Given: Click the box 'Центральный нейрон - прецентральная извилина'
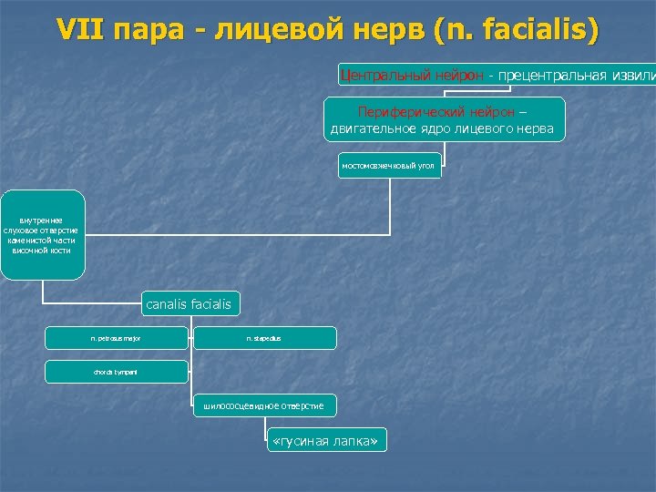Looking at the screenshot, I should (497, 75).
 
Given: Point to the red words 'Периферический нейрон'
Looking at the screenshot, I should (443, 112).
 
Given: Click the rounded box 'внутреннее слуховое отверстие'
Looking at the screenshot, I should (42, 234).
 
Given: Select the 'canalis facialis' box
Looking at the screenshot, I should (189, 304).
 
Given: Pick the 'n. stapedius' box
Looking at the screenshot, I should (264, 338).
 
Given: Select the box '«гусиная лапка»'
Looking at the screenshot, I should (326, 441).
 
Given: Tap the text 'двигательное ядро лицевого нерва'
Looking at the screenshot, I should (443, 129).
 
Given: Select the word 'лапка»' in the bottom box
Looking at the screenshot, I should (356, 441).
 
